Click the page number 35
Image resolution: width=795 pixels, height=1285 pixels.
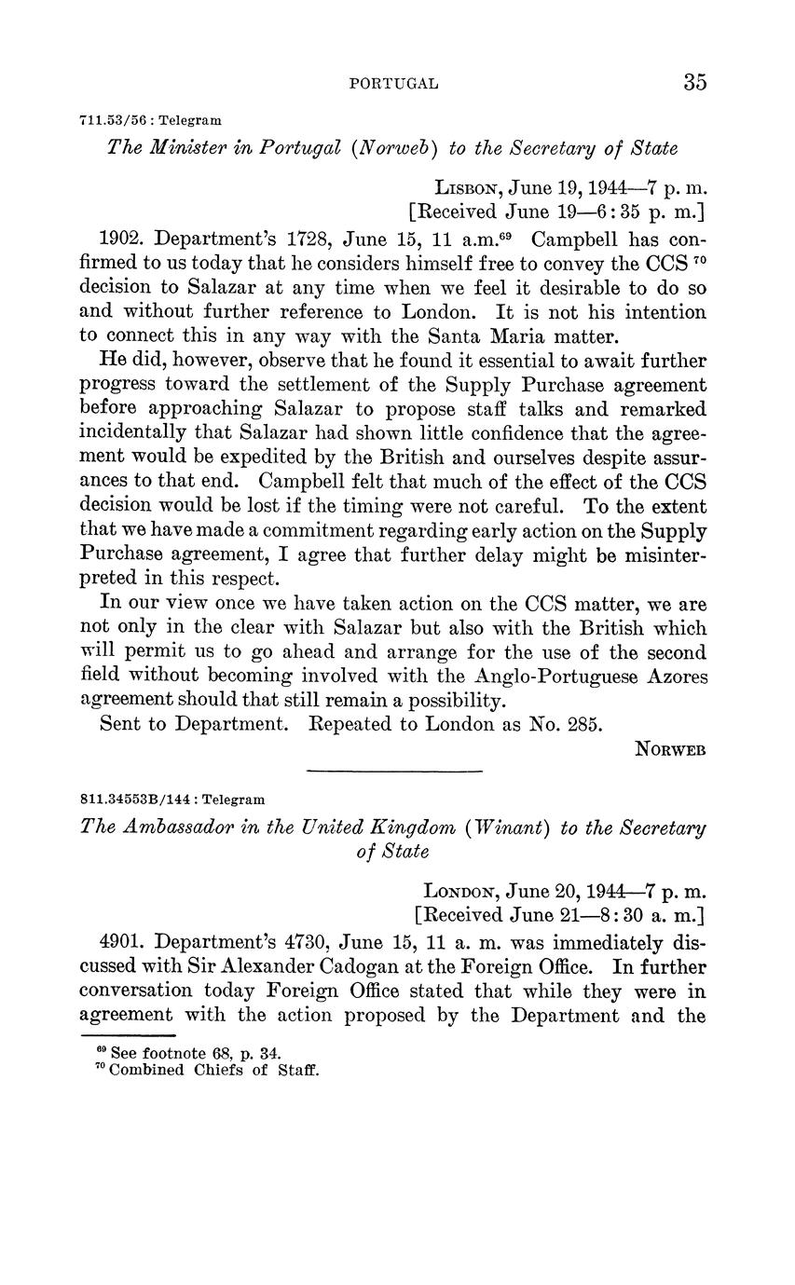coord(694,82)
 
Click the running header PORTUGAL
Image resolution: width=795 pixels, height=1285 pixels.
coord(394,84)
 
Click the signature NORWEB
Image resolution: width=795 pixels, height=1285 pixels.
coord(671,749)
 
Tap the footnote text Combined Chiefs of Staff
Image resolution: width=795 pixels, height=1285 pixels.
coord(213,1070)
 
